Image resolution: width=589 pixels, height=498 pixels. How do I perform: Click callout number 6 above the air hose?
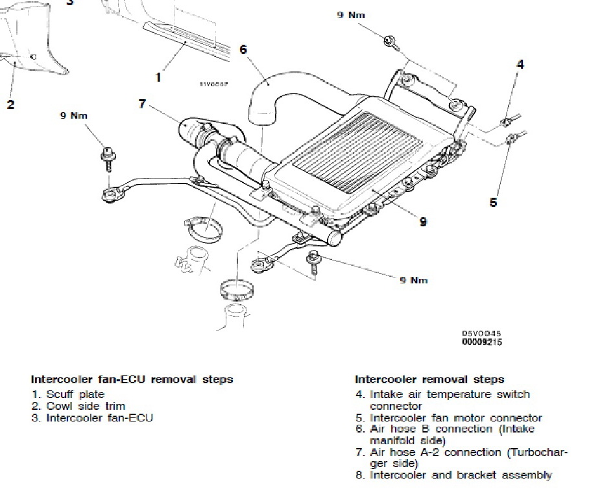(x=243, y=50)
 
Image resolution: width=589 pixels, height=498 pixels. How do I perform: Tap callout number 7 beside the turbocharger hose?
(x=143, y=102)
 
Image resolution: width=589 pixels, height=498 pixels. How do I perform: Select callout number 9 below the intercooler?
(x=423, y=222)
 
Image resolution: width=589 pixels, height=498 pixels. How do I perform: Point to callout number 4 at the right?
(x=520, y=64)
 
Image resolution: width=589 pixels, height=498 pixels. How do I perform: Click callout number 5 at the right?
(x=493, y=202)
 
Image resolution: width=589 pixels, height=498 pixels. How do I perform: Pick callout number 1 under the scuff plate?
(x=158, y=77)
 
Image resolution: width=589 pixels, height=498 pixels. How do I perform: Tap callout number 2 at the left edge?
(x=10, y=104)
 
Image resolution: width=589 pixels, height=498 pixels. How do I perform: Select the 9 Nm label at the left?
(x=73, y=115)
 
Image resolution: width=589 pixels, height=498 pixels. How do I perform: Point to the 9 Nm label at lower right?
(x=413, y=280)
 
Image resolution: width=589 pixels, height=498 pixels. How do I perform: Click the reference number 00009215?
(x=481, y=342)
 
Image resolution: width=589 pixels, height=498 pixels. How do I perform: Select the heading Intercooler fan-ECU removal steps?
(x=132, y=379)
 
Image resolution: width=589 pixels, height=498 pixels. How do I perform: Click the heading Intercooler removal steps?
(x=429, y=379)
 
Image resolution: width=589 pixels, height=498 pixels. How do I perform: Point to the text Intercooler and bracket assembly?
(x=461, y=475)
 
